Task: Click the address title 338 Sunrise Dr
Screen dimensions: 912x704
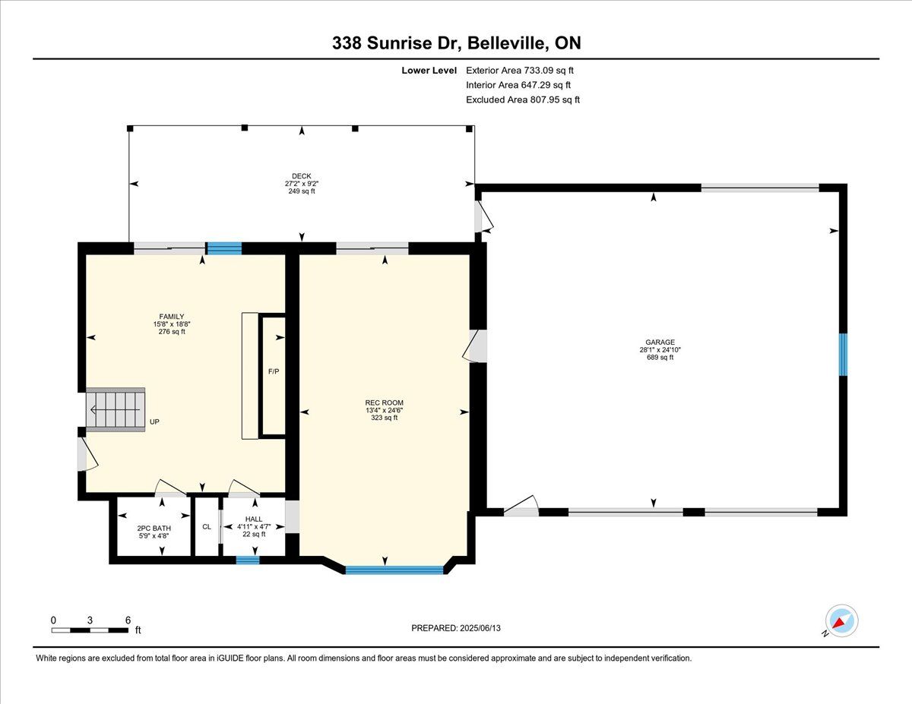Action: pos(397,43)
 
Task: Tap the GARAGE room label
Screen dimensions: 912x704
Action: pos(660,343)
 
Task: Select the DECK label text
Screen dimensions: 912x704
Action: pos(302,176)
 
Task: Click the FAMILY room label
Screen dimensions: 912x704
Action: pos(172,317)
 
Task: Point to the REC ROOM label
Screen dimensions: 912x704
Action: pos(384,403)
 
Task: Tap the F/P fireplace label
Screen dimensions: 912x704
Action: pos(274,371)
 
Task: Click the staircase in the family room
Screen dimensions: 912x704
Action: pos(116,409)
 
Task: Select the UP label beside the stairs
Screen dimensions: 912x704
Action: pos(154,421)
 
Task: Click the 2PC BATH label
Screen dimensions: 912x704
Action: pos(154,529)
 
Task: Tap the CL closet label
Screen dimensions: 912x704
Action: pos(207,526)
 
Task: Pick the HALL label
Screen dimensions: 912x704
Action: pos(254,519)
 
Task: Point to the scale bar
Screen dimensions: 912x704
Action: pos(90,630)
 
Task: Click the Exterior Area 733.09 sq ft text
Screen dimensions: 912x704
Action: pos(520,71)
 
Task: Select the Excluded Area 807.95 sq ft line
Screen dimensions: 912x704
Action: pos(523,99)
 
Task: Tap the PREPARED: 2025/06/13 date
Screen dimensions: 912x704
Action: pos(456,628)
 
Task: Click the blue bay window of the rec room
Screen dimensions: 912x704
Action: pos(394,570)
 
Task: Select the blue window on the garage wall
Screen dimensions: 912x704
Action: pos(843,355)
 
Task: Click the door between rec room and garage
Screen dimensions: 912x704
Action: pos(476,346)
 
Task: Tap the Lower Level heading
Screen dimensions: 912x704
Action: pos(429,71)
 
